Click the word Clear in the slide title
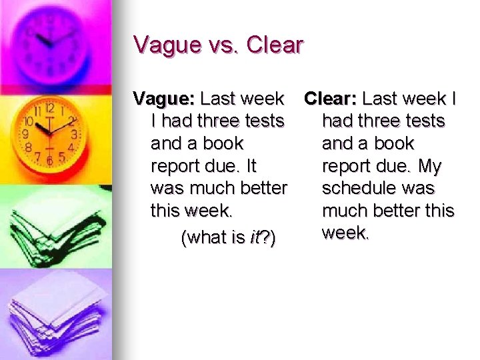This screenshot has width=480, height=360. tap(275, 45)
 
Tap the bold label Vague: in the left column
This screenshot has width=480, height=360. tap(164, 99)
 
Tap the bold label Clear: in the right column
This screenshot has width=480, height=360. tap(331, 99)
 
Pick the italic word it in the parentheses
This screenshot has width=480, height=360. tap(255, 238)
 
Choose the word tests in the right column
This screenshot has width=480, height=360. tap(419, 121)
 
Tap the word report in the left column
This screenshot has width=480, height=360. tap(177, 165)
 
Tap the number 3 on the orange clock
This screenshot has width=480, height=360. tap(73, 134)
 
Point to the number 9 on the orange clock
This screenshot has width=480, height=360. tap(25, 133)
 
